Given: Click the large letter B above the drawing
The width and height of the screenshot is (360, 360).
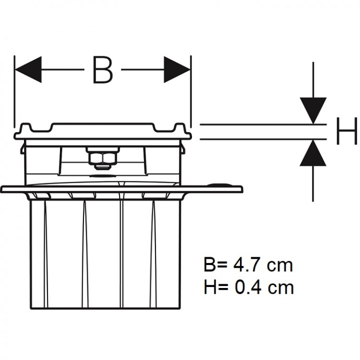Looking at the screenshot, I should point(102,70).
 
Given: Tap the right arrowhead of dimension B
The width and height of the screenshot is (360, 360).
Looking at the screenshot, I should point(178,70).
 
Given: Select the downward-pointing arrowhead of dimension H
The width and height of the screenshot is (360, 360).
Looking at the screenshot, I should point(313,110).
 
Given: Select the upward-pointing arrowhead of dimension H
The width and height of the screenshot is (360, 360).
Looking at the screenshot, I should point(313,153).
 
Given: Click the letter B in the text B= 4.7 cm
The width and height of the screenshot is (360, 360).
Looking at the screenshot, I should point(210,265).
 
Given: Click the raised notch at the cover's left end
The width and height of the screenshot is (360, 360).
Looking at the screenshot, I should point(26,129).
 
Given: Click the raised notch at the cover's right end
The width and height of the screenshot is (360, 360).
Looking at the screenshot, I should point(180,129).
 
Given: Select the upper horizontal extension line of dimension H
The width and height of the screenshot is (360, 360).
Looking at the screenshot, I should point(259,125).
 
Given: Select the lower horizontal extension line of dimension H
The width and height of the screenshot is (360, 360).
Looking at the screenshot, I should point(259,140).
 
